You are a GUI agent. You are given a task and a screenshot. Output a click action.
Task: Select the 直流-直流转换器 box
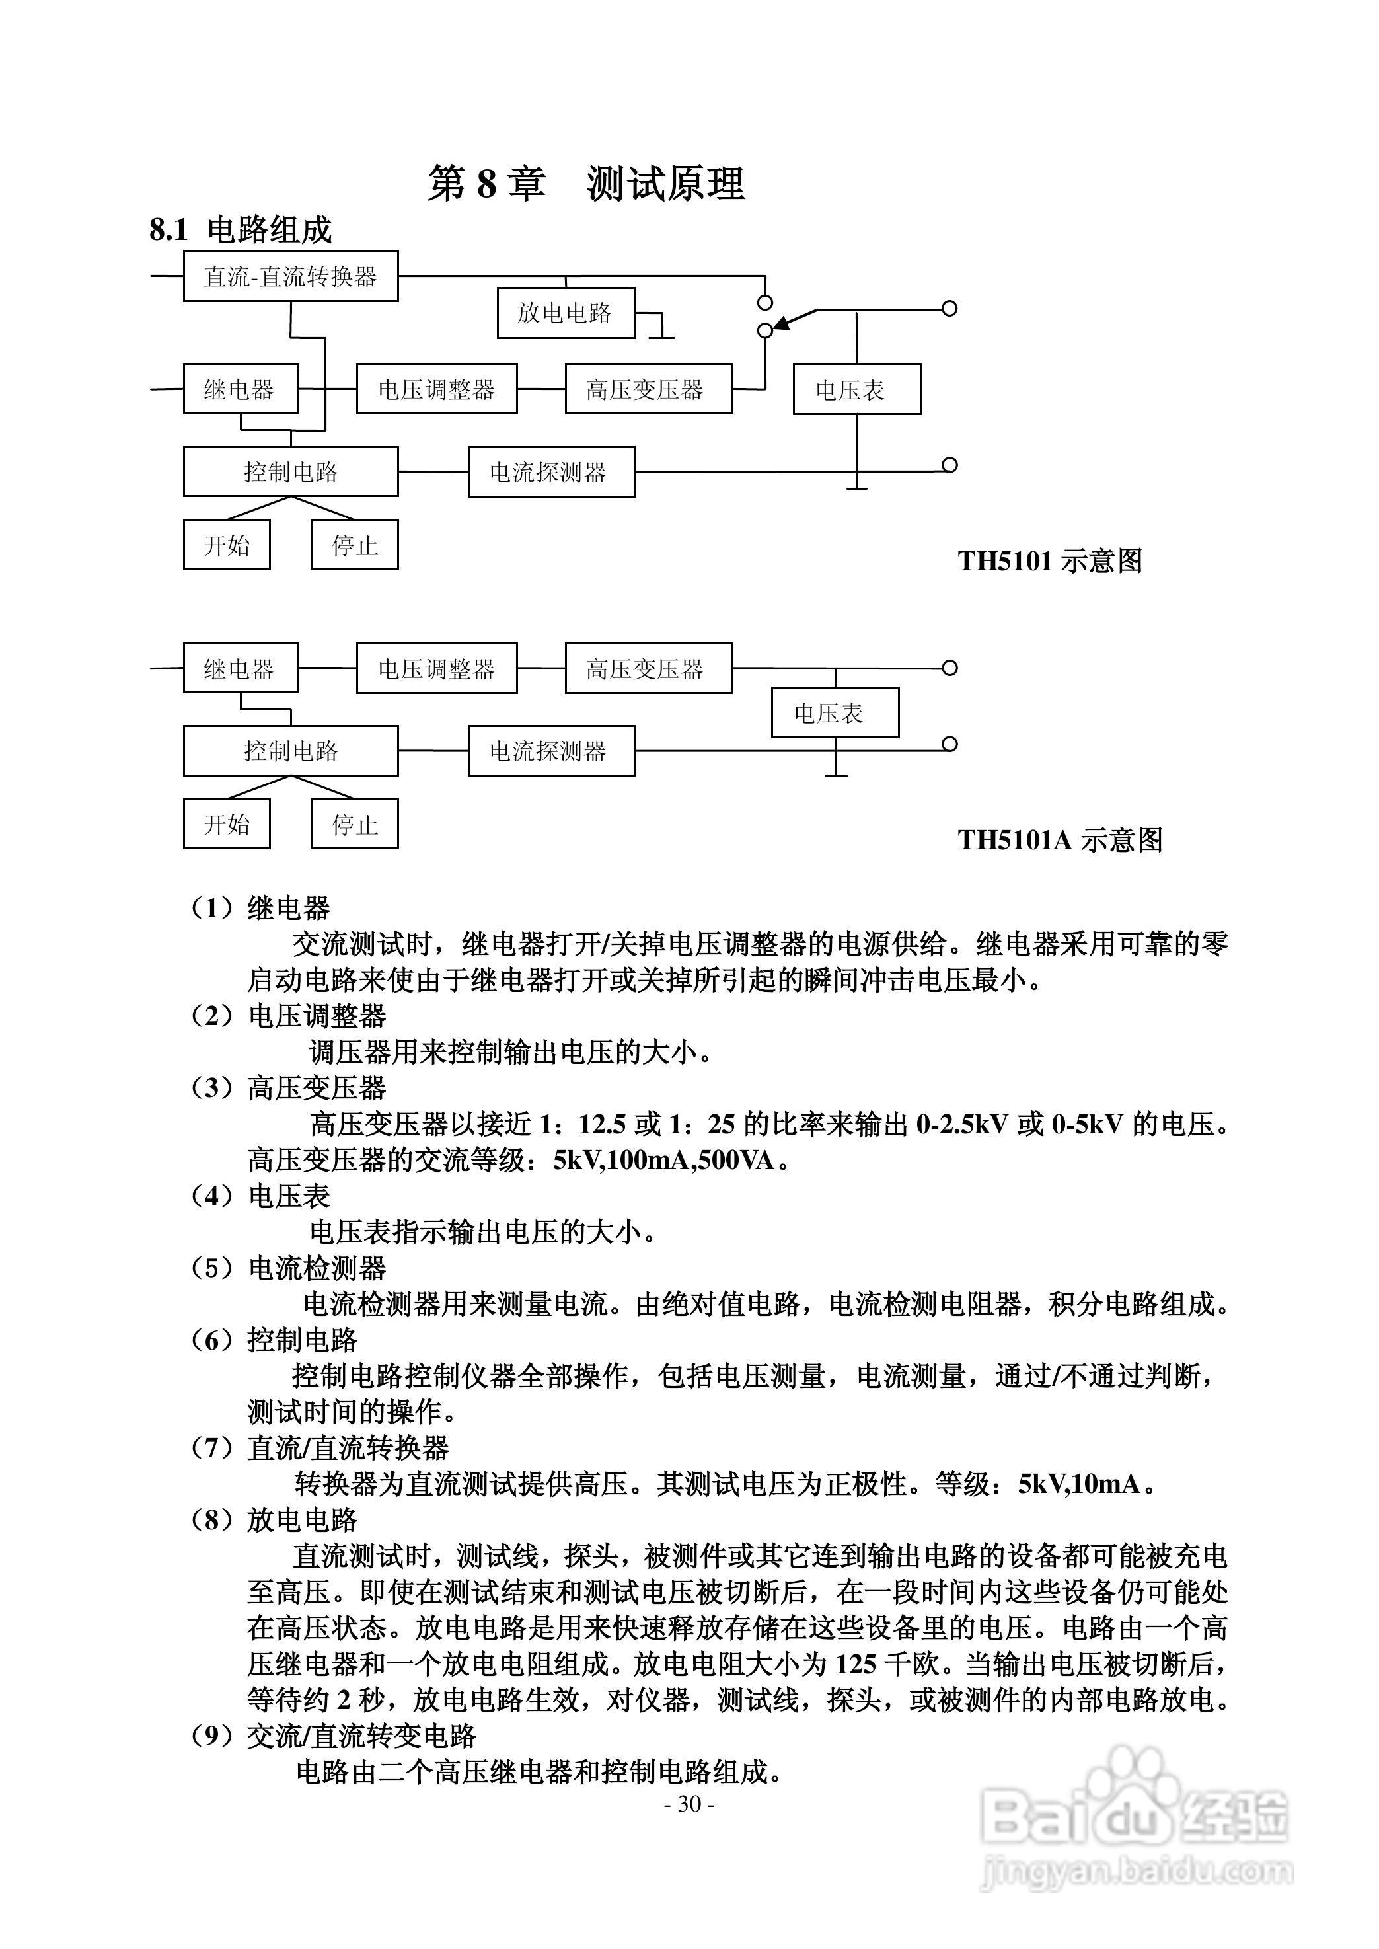(291, 276)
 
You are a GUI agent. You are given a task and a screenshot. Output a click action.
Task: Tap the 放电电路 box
(566, 313)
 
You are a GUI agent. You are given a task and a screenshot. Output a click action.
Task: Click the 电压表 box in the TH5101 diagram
(856, 390)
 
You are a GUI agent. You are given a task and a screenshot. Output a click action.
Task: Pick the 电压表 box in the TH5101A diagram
(835, 712)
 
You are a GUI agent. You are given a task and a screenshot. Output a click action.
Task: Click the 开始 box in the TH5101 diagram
(227, 545)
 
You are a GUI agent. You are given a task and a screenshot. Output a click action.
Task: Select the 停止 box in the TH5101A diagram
(355, 823)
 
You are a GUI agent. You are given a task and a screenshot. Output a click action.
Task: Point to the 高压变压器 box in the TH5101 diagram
(648, 390)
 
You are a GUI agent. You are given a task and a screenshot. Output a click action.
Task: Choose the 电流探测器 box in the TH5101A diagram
(551, 751)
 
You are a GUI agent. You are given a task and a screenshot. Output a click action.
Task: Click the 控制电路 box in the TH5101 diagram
(291, 472)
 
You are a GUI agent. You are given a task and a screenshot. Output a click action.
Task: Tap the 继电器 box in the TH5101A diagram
(241, 668)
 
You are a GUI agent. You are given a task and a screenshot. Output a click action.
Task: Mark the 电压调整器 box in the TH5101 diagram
(437, 390)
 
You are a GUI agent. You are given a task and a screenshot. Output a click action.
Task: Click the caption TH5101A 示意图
(1060, 840)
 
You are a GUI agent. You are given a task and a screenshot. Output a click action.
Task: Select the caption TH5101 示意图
(1049, 561)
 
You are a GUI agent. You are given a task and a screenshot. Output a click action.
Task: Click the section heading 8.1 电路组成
(241, 230)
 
